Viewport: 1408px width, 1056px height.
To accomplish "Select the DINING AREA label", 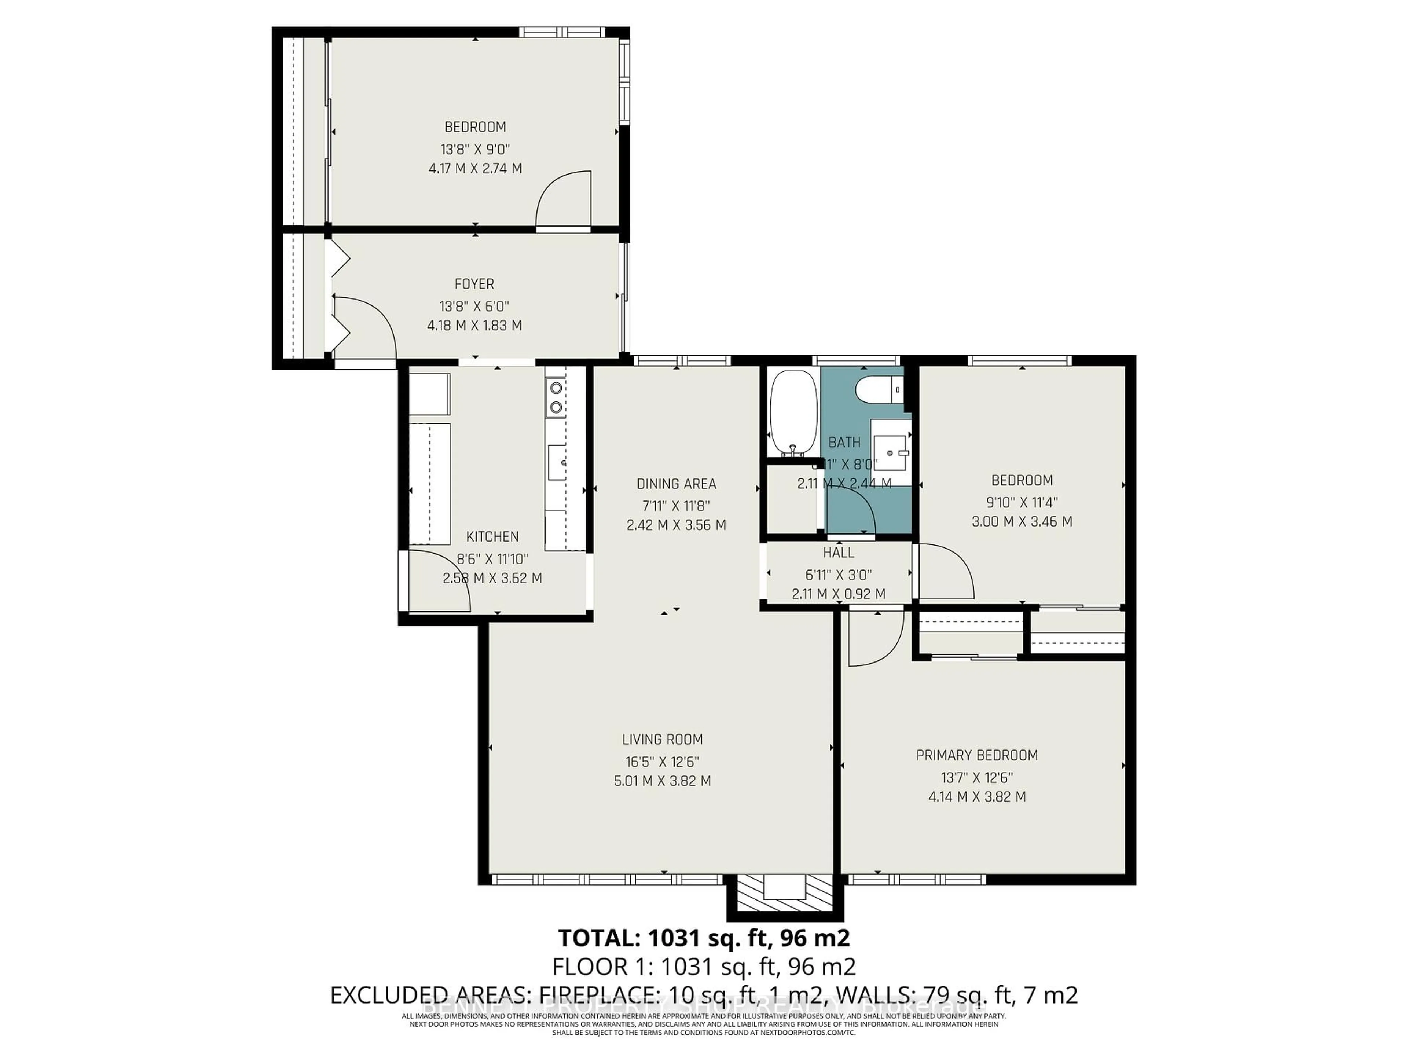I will pyautogui.click(x=676, y=484).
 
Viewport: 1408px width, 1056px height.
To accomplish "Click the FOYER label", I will pyautogui.click(x=474, y=284).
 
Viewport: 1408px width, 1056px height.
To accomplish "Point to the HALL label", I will pyautogui.click(x=838, y=553).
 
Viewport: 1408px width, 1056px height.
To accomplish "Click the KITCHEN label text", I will pyautogui.click(x=492, y=536).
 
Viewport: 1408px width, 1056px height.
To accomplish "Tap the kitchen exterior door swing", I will pyautogui.click(x=439, y=582).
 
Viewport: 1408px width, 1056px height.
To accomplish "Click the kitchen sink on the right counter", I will pyautogui.click(x=558, y=462).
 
